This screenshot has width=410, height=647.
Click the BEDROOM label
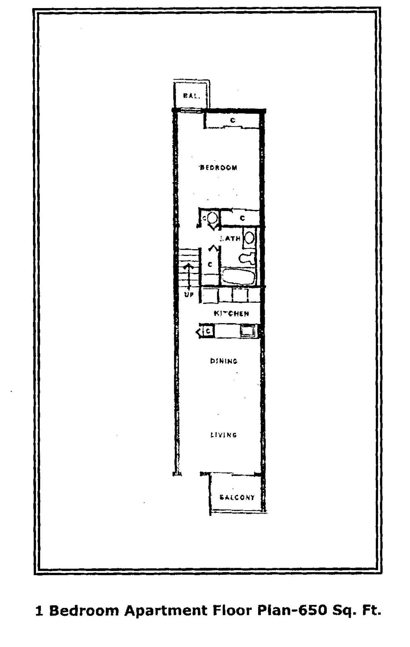coord(219,167)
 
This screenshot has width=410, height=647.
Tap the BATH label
coord(230,239)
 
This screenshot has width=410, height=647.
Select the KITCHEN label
coord(231,313)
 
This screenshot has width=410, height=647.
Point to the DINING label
coord(224,361)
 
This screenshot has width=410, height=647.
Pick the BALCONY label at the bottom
coord(237,497)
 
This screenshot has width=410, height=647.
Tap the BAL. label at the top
coord(191,96)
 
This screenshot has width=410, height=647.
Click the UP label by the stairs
coord(189,294)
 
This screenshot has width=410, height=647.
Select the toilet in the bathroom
coord(247,258)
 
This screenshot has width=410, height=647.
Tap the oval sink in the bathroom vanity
coord(249,238)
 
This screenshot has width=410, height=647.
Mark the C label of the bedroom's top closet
coord(232,120)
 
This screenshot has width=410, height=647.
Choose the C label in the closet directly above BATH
coord(242,218)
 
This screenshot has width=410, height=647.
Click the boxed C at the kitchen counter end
coord(208,331)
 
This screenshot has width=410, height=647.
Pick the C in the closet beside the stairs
coord(210,265)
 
